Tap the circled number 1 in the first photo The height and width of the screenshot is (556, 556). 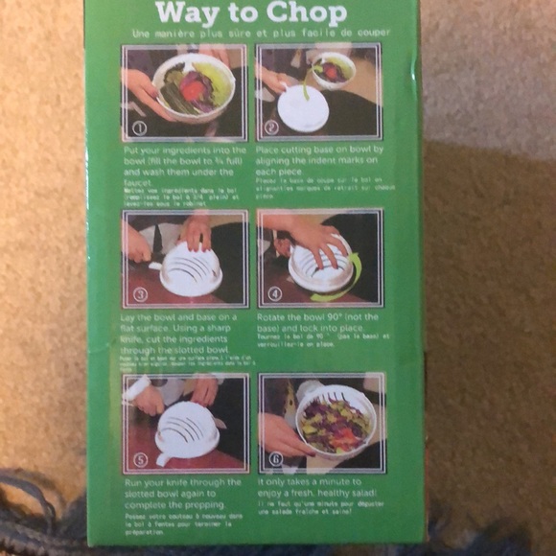coord(139,127)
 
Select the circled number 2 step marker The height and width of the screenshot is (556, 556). coord(271,127)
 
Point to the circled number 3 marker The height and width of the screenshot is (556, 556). coord(140,293)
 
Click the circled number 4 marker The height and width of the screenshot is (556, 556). coord(275,293)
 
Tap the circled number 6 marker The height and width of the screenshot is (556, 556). coord(276,459)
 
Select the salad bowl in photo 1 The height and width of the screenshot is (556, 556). coord(194,86)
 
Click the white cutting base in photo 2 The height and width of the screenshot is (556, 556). coord(303,107)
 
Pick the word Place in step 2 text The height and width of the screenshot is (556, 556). coord(272,151)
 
